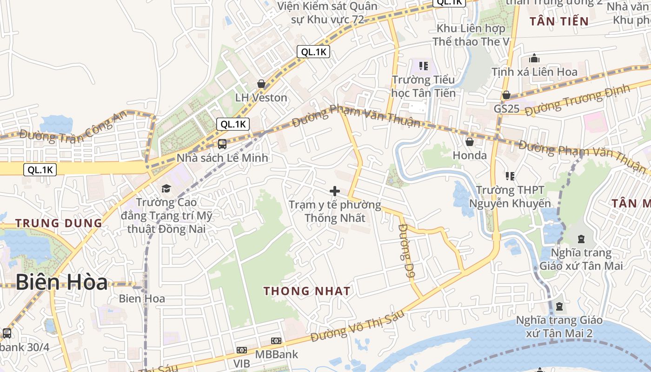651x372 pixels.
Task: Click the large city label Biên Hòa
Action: click(62, 282)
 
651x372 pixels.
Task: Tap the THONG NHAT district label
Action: click(307, 291)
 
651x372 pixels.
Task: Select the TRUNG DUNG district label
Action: click(59, 223)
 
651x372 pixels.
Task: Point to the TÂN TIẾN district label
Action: click(559, 21)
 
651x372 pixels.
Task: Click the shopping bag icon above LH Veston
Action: click(261, 84)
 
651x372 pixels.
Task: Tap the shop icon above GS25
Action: click(506, 95)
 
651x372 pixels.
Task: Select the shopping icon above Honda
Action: click(470, 141)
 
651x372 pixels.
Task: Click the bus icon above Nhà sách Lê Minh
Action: click(222, 144)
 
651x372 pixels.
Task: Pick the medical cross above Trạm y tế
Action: click(334, 191)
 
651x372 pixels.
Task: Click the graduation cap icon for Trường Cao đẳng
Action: click(166, 188)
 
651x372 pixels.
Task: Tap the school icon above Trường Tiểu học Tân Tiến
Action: click(423, 66)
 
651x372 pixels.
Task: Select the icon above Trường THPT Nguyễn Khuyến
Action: click(510, 176)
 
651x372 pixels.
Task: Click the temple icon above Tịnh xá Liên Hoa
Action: click(534, 59)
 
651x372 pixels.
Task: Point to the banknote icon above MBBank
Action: click(276, 341)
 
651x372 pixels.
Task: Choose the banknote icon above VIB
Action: click(241, 350)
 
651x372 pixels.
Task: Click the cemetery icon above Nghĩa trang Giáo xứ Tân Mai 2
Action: click(559, 306)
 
